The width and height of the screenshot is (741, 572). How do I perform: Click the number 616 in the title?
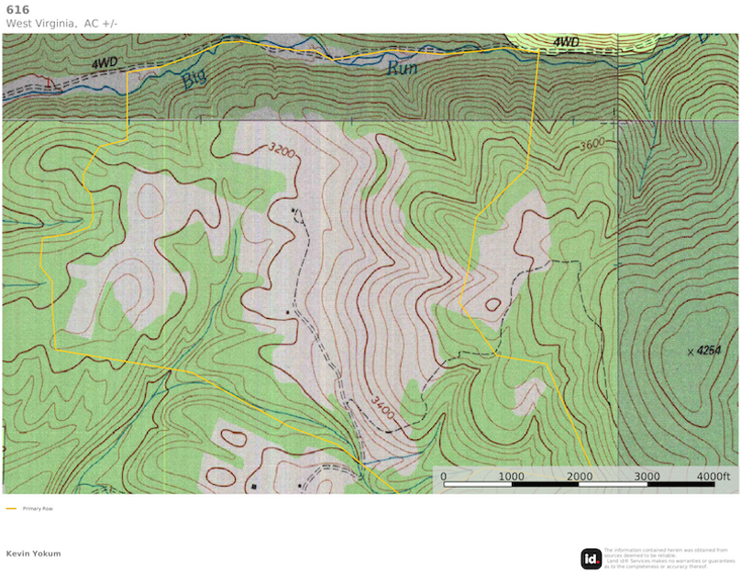click(x=17, y=9)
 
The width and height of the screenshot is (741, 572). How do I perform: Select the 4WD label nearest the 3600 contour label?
click(x=566, y=43)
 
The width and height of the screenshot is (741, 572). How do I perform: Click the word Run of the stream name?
click(x=402, y=67)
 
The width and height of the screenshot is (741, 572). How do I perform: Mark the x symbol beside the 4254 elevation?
click(x=690, y=351)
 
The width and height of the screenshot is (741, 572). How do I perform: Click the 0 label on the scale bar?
click(x=443, y=476)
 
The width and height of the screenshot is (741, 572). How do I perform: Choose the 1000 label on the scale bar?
click(x=511, y=476)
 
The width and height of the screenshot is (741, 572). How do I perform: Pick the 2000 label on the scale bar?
click(x=580, y=476)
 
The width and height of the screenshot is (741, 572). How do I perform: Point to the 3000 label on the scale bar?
click(x=647, y=476)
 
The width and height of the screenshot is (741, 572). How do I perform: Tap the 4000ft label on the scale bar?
click(x=713, y=476)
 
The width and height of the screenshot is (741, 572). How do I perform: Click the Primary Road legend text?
click(x=38, y=508)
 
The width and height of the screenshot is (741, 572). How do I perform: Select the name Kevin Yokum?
click(x=33, y=554)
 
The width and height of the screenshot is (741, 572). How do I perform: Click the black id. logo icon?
click(x=592, y=558)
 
